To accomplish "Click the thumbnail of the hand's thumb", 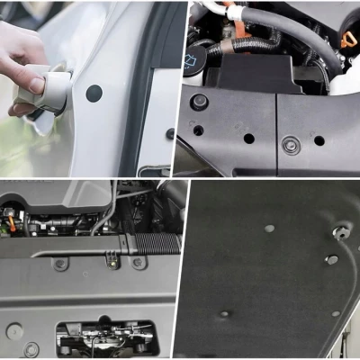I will (x=37, y=85).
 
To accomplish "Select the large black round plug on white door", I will (x=94, y=92).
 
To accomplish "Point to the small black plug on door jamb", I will (x=169, y=133).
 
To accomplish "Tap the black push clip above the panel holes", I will (x=200, y=102).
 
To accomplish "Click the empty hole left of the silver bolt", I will (x=248, y=139).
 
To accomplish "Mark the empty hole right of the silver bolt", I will (x=319, y=140).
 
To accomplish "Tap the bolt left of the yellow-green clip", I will (x=60, y=264).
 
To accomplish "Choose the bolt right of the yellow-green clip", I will (x=138, y=262).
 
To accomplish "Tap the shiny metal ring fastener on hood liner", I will (x=339, y=233).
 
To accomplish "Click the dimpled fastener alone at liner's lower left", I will (x=225, y=314).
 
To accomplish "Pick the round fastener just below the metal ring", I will (x=331, y=260).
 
